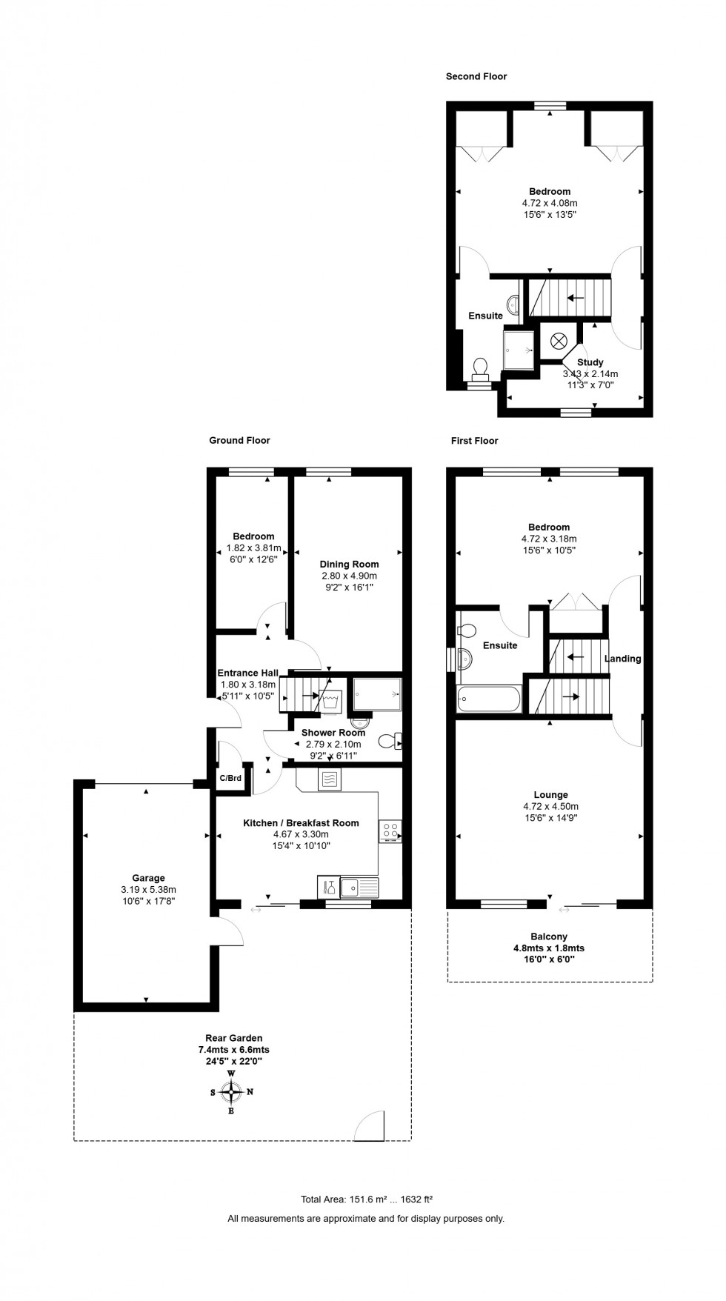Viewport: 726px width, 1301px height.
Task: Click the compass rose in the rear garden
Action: click(231, 1091)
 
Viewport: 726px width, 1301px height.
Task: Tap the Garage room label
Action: click(148, 878)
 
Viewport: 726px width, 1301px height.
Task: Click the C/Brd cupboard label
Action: click(230, 778)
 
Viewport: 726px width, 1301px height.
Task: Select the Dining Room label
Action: click(349, 564)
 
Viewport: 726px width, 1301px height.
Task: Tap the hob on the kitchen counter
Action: click(390, 831)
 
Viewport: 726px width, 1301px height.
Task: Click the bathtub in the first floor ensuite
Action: click(490, 699)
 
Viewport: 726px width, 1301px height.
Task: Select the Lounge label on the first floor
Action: click(550, 795)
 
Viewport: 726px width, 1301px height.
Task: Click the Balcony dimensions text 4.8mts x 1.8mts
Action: click(549, 948)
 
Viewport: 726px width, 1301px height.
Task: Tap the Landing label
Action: click(622, 658)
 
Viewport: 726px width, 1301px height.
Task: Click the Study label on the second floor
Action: click(590, 362)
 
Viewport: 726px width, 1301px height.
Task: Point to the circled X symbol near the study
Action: click(559, 341)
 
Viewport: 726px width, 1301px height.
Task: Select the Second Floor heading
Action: click(476, 76)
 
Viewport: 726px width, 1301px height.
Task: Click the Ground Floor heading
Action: click(239, 440)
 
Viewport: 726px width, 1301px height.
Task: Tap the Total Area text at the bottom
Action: click(366, 1199)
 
